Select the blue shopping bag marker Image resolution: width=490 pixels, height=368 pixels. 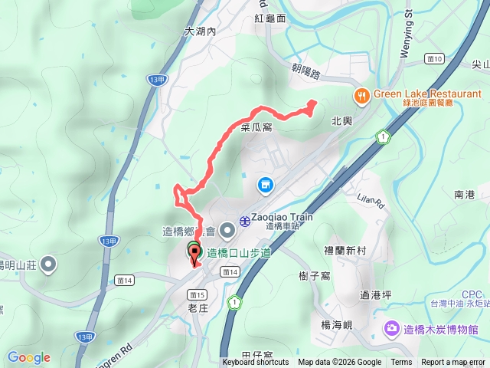click(x=265, y=185)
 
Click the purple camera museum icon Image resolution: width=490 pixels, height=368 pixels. click(x=392, y=329)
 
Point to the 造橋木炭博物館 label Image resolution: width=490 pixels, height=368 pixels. click(x=440, y=330)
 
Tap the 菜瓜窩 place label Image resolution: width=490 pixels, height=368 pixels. click(x=256, y=128)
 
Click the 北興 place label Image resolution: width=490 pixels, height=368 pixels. click(x=341, y=121)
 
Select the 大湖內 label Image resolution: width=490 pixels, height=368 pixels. click(x=201, y=32)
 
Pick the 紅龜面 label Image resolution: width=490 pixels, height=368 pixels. click(x=271, y=18)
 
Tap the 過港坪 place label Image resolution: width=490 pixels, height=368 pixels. click(x=375, y=294)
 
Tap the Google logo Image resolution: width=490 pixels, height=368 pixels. click(x=28, y=357)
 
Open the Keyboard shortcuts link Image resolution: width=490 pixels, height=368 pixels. click(x=256, y=363)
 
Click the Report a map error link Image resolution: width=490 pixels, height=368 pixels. click(x=453, y=363)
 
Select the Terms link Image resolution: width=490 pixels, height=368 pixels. click(x=401, y=363)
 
